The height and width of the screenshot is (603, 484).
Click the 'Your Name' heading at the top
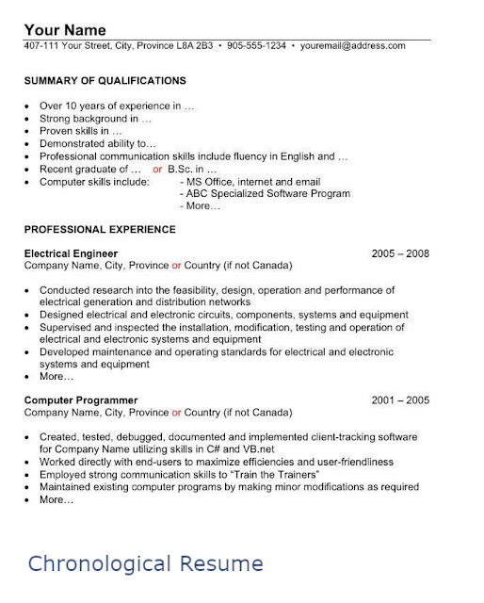coord(65,29)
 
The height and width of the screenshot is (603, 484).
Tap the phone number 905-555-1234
coord(255,45)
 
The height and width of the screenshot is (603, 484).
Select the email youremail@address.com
coord(353,45)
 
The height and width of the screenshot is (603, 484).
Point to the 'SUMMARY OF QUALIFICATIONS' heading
coord(105,80)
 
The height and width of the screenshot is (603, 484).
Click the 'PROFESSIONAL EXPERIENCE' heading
coord(100,229)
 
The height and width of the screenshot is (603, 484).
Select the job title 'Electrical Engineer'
coord(71,253)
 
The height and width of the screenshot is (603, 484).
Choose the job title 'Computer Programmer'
coord(81,399)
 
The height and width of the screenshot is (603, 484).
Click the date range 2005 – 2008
coord(400,253)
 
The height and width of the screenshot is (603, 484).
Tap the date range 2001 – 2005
coord(400,399)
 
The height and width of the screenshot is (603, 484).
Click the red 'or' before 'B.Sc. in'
coord(157,169)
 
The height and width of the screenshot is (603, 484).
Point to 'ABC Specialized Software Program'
coord(268,193)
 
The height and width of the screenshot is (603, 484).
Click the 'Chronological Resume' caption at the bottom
coord(145,563)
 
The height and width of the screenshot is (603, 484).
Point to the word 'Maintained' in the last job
coord(68,487)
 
